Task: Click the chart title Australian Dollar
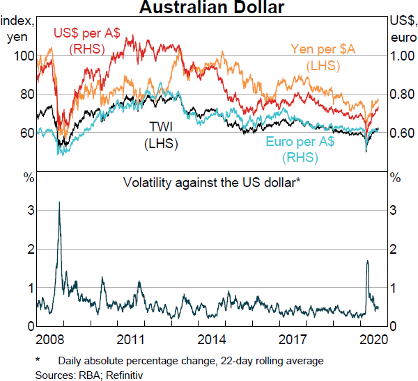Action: coord(208,8)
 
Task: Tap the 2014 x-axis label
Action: coord(210,341)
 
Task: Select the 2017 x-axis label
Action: coord(292,341)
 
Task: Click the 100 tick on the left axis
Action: coord(23,56)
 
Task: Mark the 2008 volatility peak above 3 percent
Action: coord(59,202)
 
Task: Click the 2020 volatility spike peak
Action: coord(367,261)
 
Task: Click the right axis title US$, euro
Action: coord(401,31)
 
